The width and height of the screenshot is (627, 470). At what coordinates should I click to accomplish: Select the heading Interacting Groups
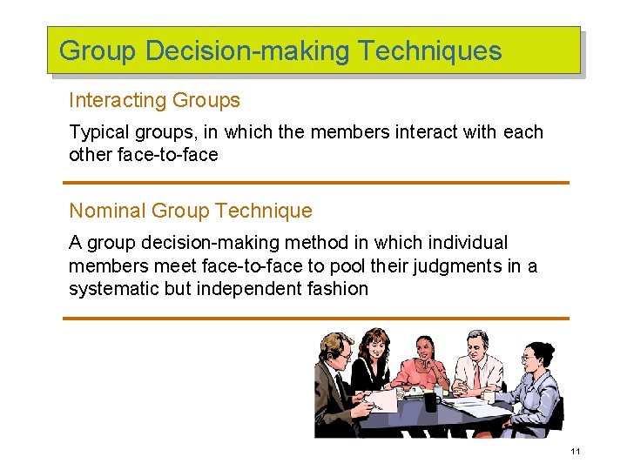[154, 100]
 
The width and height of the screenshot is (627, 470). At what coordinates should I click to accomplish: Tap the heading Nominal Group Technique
[190, 211]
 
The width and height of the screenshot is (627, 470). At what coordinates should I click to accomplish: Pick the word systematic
[114, 288]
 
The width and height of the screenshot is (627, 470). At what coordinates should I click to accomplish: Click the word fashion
[340, 288]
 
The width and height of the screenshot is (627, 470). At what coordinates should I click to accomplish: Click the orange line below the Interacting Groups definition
[315, 182]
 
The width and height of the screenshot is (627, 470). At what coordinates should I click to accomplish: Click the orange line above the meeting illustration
[315, 318]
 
